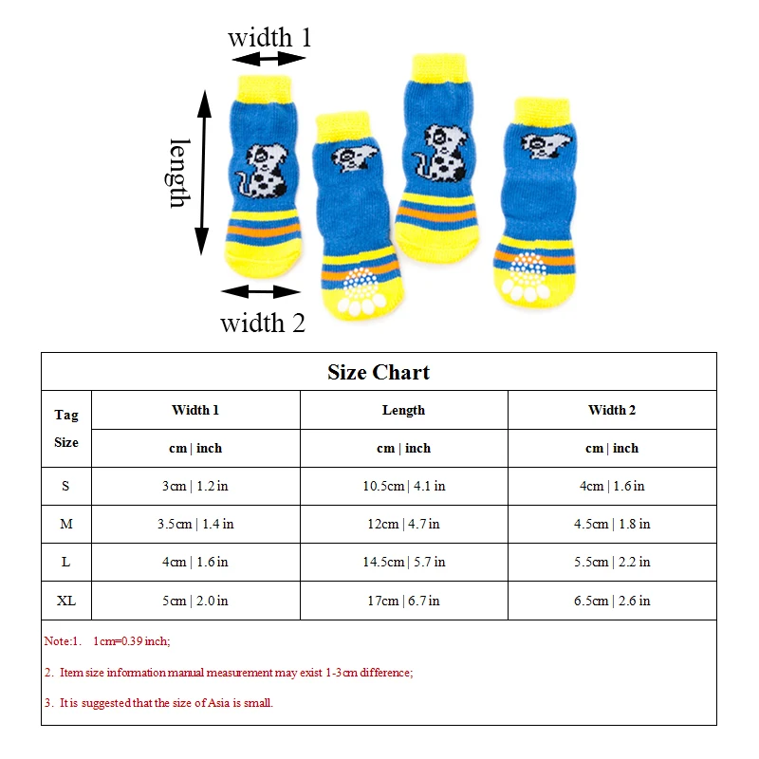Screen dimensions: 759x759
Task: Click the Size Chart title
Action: pos(379,372)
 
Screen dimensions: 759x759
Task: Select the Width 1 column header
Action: pos(195,410)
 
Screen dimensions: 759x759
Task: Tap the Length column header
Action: pos(403,410)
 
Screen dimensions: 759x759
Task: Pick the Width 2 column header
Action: pos(612,410)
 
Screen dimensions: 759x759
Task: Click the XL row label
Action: pos(66,601)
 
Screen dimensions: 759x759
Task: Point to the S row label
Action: pos(65,486)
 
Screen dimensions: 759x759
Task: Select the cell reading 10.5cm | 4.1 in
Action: pos(403,486)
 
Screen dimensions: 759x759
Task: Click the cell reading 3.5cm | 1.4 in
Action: pos(195,524)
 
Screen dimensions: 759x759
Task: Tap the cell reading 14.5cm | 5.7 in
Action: pos(403,562)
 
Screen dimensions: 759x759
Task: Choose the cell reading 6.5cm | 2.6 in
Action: pos(612,601)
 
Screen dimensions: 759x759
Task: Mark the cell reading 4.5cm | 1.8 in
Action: pos(612,524)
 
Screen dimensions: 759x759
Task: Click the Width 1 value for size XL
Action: pos(195,601)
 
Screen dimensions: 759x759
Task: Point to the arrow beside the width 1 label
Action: pos(269,59)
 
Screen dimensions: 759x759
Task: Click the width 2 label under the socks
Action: pos(263,323)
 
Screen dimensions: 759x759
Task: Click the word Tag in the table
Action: pos(66,415)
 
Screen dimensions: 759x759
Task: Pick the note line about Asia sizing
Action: pos(159,703)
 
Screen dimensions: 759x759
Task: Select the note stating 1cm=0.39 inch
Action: pos(107,641)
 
